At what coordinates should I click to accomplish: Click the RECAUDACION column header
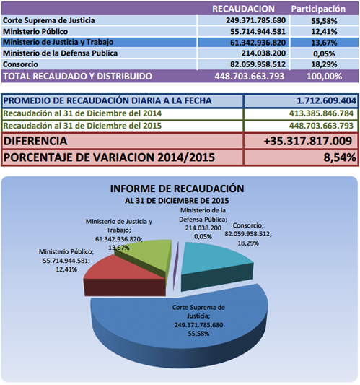243,9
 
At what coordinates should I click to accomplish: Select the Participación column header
318,9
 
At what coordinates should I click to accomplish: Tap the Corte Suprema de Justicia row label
49,20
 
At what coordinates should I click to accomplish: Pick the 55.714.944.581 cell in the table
258,32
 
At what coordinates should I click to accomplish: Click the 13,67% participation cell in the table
324,43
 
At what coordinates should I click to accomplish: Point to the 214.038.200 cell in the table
263,53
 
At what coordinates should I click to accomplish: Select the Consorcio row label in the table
21,64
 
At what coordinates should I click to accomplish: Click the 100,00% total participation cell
324,77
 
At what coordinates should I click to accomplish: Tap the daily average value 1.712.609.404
326,100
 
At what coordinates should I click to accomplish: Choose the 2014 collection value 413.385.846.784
321,113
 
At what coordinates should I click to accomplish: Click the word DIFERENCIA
35,141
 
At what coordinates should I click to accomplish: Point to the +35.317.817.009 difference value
308,141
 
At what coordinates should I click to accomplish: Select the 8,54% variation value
340,157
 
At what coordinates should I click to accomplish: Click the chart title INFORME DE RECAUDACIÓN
177,189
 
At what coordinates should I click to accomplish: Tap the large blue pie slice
179,326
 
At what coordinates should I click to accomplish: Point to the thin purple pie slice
175,265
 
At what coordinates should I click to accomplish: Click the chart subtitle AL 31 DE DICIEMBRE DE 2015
177,201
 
